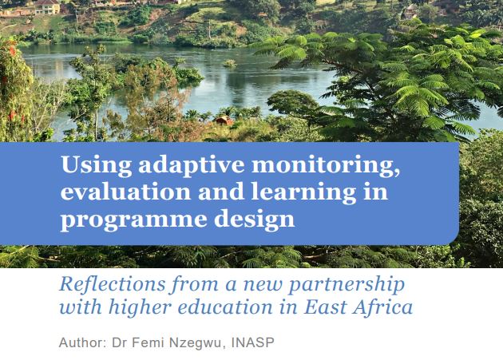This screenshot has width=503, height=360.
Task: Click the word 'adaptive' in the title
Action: pos(171,167)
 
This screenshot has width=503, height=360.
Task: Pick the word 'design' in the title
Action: pos(257,218)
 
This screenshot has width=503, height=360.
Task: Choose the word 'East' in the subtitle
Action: pos(324,307)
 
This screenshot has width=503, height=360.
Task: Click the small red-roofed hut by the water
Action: pos(224,120)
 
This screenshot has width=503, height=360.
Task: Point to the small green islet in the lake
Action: pos(230,63)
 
